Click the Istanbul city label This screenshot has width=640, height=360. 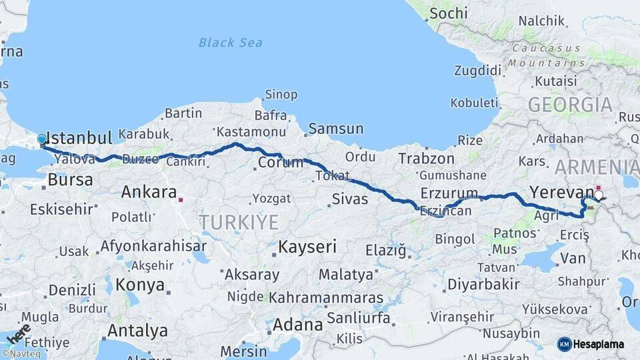81,139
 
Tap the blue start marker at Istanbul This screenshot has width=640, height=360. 42,139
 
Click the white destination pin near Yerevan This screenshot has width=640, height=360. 598,196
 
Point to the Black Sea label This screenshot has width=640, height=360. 230,43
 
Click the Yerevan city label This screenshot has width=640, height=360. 556,193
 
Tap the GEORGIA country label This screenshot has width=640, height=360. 570,105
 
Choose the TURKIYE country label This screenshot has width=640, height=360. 239,222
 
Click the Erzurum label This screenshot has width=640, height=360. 449,194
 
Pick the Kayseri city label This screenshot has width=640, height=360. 307,247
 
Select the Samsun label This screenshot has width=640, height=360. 336,129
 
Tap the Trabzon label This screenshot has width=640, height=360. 427,159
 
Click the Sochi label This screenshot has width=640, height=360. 449,13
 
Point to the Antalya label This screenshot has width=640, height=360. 137,330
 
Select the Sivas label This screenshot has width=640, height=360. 350,198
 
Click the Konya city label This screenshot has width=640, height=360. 140,285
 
